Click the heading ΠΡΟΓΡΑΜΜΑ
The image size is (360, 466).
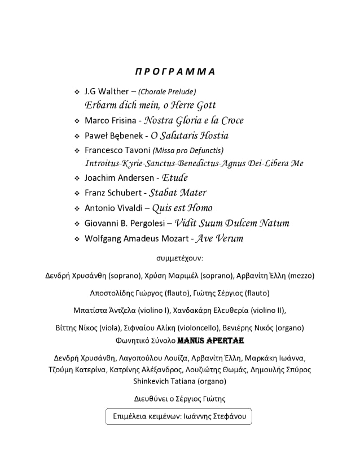pyautogui.click(x=175, y=72)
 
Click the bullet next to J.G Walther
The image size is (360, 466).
pyautogui.click(x=77, y=92)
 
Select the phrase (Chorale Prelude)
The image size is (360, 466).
pyautogui.click(x=167, y=92)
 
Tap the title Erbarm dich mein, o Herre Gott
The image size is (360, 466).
pyautogui.click(x=150, y=105)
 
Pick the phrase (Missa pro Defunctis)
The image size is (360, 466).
pyautogui.click(x=188, y=150)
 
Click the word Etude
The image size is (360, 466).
pyautogui.click(x=175, y=178)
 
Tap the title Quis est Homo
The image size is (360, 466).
pyautogui.click(x=182, y=208)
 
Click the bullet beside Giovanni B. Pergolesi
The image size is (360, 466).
pyautogui.click(x=77, y=223)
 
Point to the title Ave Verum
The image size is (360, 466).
pyautogui.click(x=219, y=238)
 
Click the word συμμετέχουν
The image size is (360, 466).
pyautogui.click(x=179, y=258)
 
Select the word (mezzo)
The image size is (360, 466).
pyautogui.click(x=301, y=276)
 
